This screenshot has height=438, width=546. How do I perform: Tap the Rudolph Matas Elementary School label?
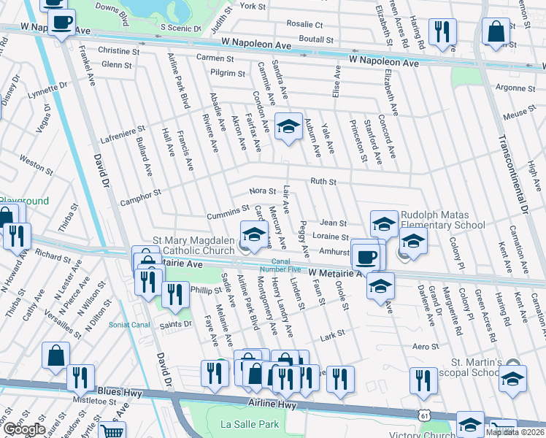point(442,220)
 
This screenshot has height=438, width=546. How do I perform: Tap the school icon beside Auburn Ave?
point(288,126)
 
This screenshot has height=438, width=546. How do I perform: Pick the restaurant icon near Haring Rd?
point(442,31)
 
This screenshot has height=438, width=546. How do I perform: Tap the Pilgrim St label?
point(228,73)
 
